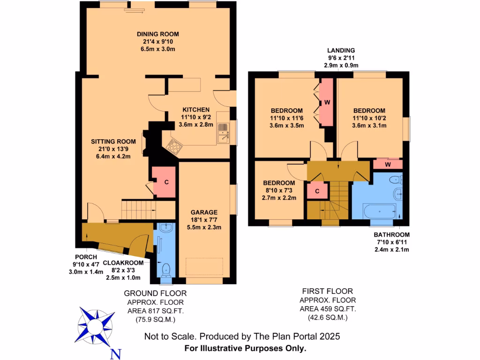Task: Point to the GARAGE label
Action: click(204, 212)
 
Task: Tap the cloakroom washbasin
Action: click(165, 228)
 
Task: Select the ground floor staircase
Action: click(138, 209)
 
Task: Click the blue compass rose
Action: click(97, 324)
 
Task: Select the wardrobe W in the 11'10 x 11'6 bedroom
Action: click(326, 102)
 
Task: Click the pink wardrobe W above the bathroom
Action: click(388, 165)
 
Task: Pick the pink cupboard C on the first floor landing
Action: click(317, 191)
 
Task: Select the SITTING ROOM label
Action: click(113, 142)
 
